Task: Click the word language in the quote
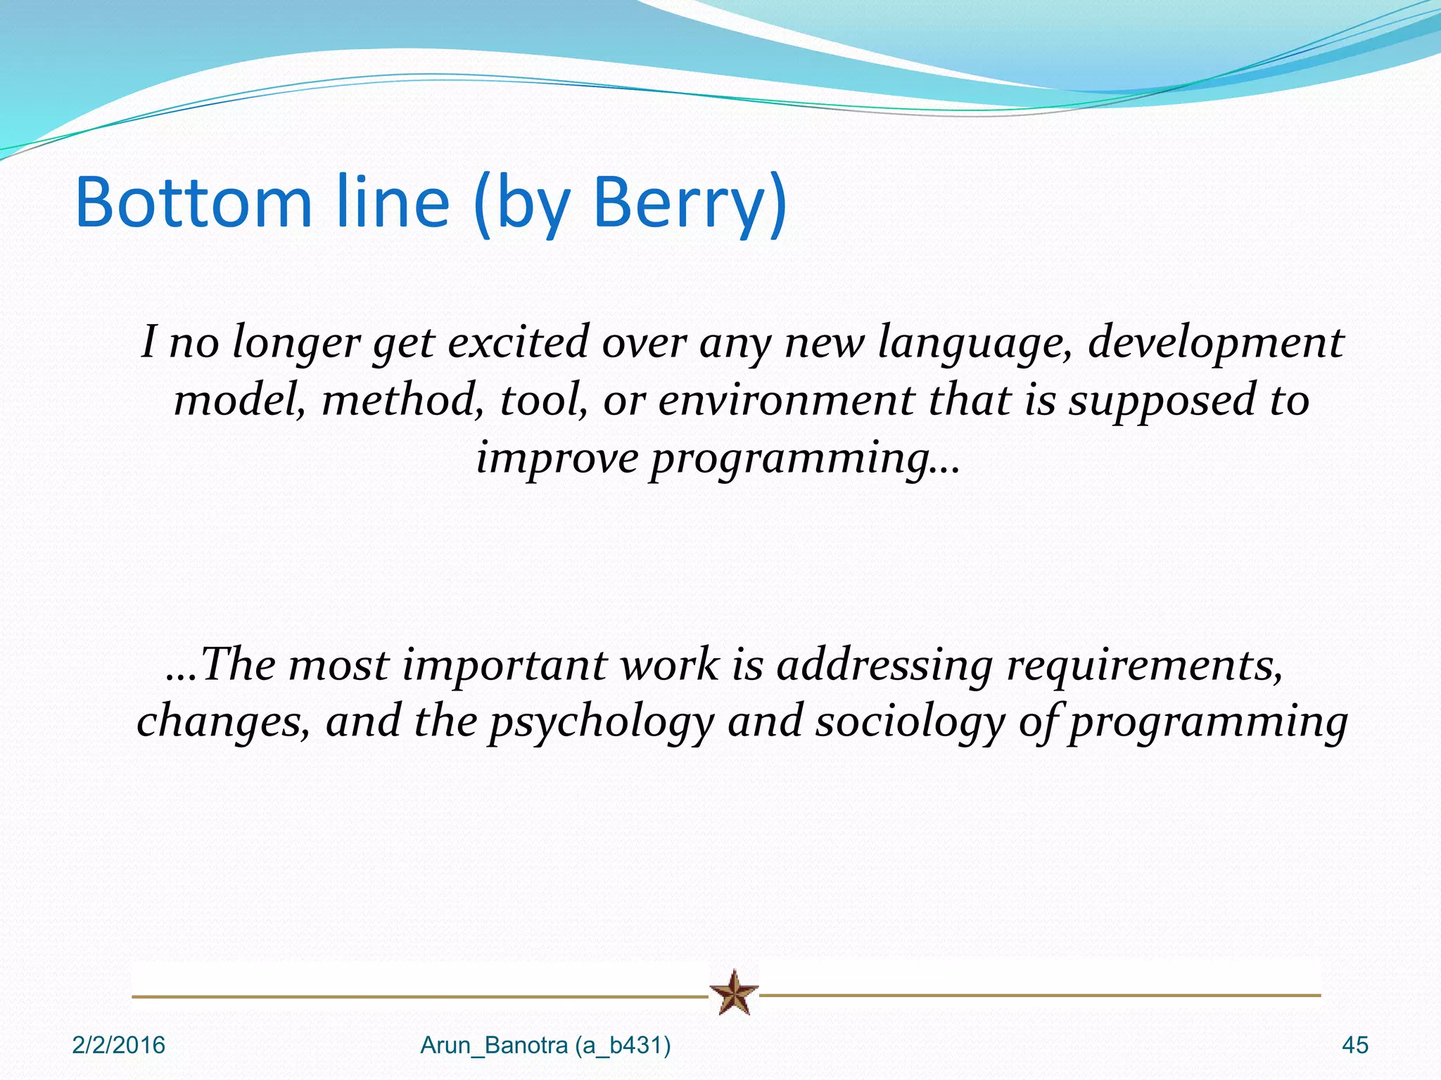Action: click(975, 342)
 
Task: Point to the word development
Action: click(1215, 342)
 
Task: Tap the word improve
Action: click(557, 458)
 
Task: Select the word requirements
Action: click(1144, 665)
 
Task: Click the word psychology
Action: click(602, 722)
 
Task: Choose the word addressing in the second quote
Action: click(884, 665)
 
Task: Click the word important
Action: click(504, 665)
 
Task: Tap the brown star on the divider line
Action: click(734, 993)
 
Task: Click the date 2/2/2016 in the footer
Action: click(118, 1046)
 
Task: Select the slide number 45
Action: click(1354, 1046)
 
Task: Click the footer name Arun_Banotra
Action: click(494, 1046)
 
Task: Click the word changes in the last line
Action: click(222, 722)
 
